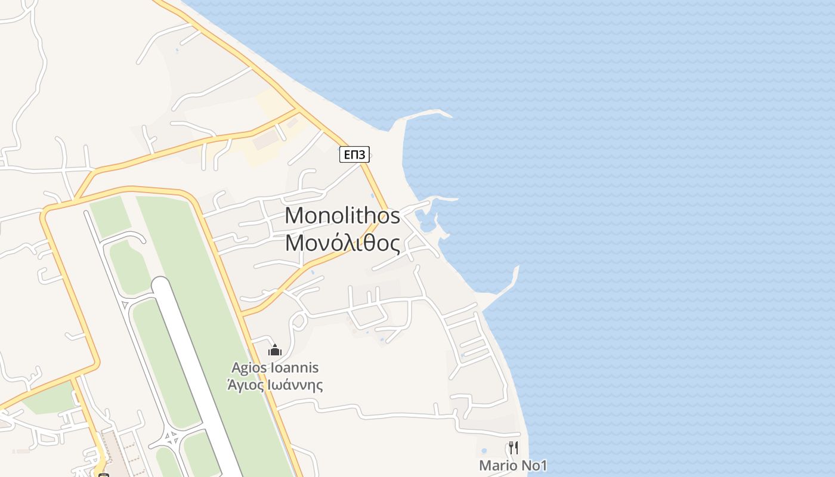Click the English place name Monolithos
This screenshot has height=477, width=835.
click(x=342, y=215)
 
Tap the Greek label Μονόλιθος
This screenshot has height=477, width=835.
click(x=342, y=243)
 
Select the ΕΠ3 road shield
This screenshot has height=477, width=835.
click(x=354, y=155)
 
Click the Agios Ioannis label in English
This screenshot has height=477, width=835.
click(x=275, y=368)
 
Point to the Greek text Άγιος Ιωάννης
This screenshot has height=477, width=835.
click(x=275, y=385)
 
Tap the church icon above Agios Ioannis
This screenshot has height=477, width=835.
click(x=274, y=349)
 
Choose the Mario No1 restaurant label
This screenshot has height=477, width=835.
click(x=513, y=465)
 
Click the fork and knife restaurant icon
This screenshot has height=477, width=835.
click(x=513, y=447)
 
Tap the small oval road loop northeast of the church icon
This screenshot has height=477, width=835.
click(x=298, y=321)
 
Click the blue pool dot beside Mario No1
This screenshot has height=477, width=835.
click(x=484, y=451)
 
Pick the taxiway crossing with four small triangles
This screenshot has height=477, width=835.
click(x=172, y=439)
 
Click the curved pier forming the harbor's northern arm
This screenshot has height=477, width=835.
click(x=438, y=199)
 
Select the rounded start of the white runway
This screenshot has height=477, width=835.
click(x=161, y=284)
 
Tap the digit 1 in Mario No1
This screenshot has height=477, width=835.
click(x=543, y=465)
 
